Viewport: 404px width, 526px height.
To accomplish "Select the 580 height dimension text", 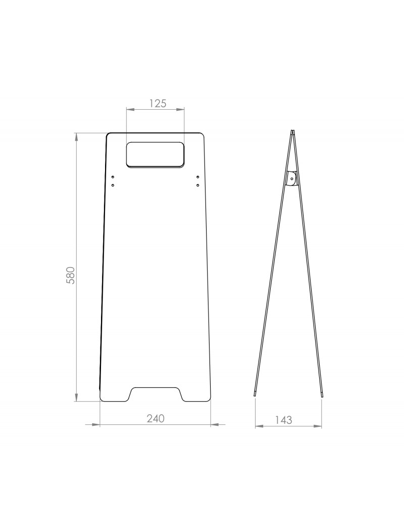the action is click(70, 276).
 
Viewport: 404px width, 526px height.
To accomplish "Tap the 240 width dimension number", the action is click(156, 418).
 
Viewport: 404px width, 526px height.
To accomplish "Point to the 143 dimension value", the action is click(284, 420).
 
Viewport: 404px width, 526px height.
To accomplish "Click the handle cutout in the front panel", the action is click(155, 155).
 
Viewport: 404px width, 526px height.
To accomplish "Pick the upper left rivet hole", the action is click(113, 177).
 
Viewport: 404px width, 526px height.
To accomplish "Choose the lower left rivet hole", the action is click(113, 185).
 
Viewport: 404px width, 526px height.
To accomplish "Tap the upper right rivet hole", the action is click(198, 177).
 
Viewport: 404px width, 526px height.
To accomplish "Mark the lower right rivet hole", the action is click(198, 185).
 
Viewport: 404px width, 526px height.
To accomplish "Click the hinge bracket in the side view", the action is click(292, 179).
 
